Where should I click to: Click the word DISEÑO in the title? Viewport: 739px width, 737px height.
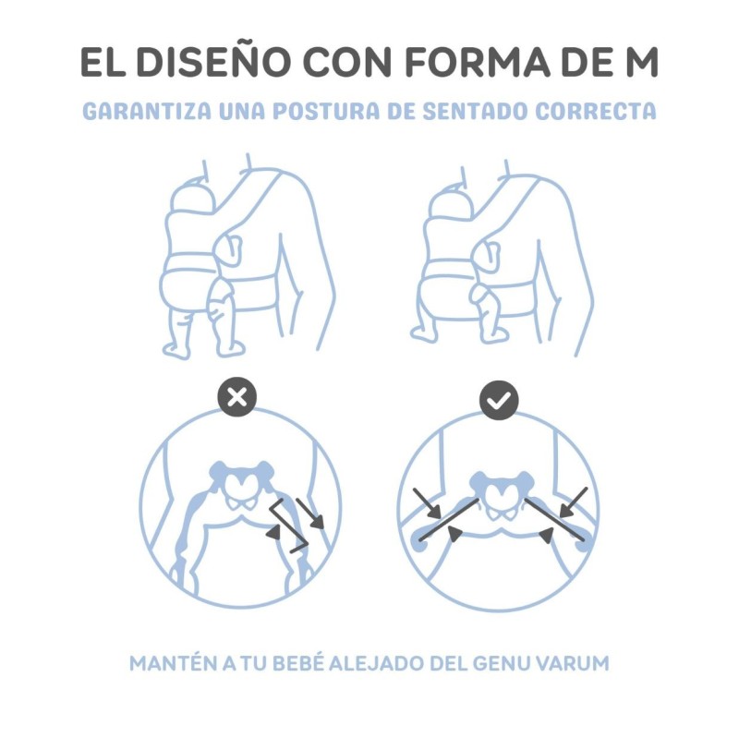tap(212, 62)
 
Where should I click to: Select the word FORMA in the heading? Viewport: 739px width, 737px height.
tap(478, 62)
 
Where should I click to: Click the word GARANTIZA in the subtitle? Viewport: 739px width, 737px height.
tap(147, 111)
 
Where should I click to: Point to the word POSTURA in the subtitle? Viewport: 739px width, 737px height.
tap(326, 111)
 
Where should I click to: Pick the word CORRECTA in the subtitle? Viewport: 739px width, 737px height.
tap(596, 111)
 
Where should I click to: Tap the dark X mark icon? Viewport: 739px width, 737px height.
tap(237, 397)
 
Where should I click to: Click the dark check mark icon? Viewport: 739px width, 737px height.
tap(499, 401)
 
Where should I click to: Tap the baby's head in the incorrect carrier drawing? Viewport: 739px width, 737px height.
tap(193, 198)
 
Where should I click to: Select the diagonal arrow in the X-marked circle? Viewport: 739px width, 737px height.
tap(309, 513)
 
